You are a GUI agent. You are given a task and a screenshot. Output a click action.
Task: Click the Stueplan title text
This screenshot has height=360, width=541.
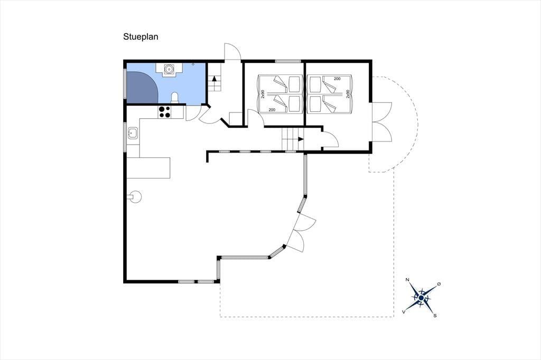point(141,37)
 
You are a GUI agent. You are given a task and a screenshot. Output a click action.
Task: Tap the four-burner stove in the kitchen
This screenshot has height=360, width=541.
point(164,112)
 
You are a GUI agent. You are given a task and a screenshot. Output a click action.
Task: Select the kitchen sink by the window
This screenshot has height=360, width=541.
point(133,133)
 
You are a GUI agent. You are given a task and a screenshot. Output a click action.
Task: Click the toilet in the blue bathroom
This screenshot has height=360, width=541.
point(175,98)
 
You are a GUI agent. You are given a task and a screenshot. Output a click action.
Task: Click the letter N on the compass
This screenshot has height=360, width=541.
point(407,280)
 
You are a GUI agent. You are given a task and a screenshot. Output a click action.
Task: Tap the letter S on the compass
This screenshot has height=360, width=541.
point(435,315)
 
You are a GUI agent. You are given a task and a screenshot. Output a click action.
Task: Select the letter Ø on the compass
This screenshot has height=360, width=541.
point(439,284)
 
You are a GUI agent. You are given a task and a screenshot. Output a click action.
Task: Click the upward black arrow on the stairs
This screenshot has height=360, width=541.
point(214,78)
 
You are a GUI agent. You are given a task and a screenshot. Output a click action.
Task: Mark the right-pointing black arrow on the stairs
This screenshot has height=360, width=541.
point(300,139)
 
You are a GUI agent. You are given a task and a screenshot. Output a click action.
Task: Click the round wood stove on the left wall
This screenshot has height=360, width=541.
point(135,197)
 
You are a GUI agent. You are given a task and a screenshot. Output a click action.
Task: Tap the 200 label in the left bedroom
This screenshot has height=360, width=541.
point(272,110)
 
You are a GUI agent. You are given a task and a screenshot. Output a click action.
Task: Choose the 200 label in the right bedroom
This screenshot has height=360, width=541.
point(337,79)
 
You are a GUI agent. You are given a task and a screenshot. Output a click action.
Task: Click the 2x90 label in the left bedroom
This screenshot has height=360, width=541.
point(263,94)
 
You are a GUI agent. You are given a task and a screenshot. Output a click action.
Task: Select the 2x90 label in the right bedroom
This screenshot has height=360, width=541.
point(348,94)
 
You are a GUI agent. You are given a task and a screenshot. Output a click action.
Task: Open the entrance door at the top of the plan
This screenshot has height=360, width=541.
point(232,52)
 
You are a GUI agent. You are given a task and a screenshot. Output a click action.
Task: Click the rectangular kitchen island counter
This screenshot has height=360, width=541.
point(148,167)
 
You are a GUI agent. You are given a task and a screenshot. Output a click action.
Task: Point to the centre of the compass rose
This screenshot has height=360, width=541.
point(421,298)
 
